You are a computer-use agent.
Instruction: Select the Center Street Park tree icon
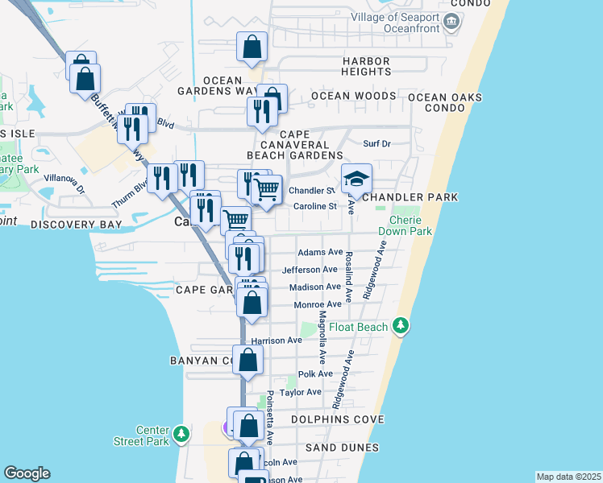[182, 435]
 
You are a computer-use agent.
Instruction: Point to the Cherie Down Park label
[411, 226]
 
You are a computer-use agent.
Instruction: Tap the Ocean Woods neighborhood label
[354, 96]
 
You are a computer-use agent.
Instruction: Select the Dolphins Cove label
[338, 419]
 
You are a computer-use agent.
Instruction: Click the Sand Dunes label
[342, 448]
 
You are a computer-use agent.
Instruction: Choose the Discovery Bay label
[76, 225]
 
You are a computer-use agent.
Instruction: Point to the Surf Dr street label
[376, 144]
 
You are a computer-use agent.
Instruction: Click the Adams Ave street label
[321, 253]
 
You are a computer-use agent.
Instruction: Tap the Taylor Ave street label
[300, 392]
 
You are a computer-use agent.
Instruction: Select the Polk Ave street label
[315, 374]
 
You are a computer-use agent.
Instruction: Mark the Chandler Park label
[410, 197]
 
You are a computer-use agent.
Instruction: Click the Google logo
[27, 473]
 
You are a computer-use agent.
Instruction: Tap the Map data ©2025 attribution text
[568, 477]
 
